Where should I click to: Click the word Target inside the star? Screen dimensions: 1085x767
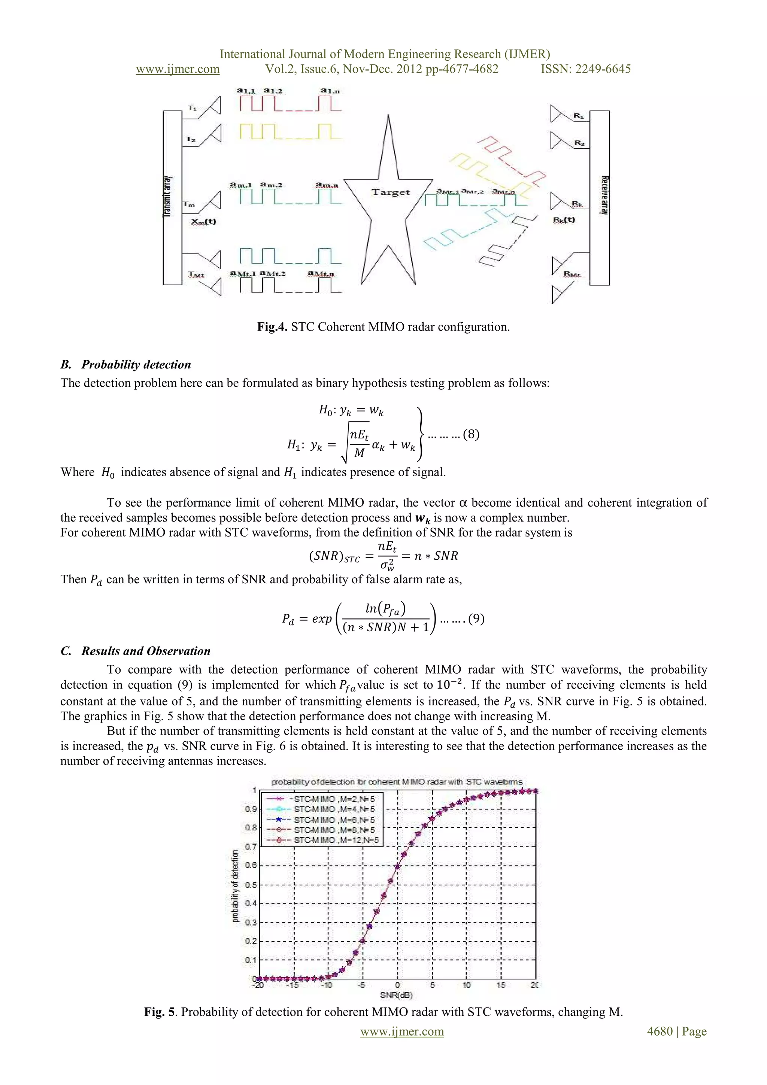click(390, 192)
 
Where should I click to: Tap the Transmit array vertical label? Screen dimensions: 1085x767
click(167, 197)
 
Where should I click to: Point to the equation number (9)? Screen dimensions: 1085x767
click(476, 619)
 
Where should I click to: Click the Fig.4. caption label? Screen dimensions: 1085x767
click(272, 326)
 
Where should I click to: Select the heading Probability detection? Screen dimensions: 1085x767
click(136, 364)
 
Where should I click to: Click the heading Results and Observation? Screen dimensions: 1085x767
click(146, 651)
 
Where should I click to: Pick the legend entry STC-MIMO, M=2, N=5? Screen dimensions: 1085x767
click(334, 799)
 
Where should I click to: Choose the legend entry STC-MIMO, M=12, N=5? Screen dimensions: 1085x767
click(336, 840)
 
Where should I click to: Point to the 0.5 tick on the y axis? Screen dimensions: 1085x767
click(251, 884)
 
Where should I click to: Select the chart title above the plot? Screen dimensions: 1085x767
click(397, 782)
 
